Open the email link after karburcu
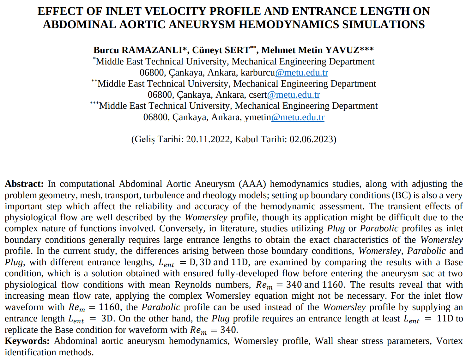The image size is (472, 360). tap(302, 73)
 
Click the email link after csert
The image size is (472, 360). tap(293, 95)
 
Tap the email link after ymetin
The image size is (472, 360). tap(298, 117)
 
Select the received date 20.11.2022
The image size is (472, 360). tap(208, 139)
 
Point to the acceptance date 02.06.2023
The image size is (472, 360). tap(311, 139)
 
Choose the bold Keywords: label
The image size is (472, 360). tap(27, 341)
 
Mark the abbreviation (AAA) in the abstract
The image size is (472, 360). tap(252, 184)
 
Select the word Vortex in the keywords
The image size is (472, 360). tap(449, 341)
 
